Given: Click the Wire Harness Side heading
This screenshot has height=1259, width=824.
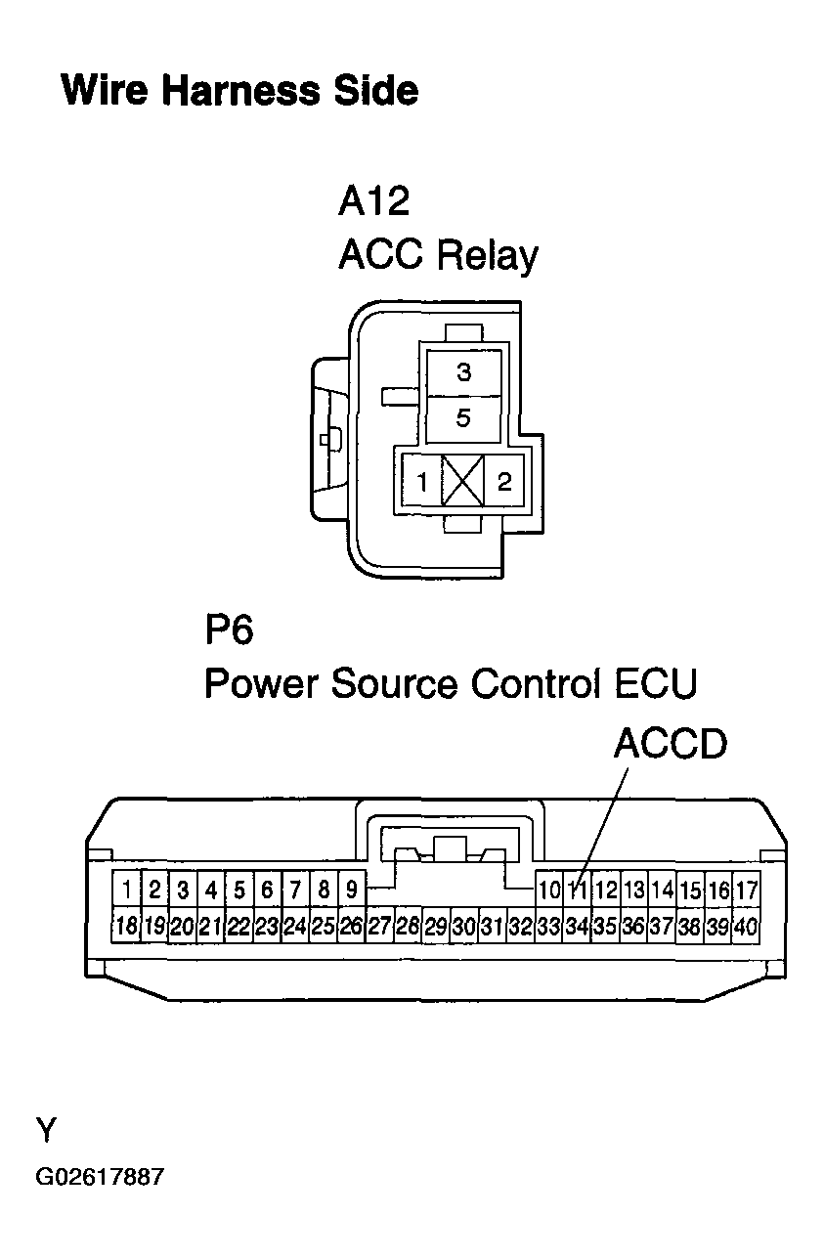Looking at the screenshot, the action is pos(239,91).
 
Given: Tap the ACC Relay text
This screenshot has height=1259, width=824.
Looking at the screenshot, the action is pos(438,256).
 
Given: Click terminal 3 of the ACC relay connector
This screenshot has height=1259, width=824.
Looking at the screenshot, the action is pos(463,372).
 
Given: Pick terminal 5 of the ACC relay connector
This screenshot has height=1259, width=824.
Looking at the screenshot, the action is pos(463,418).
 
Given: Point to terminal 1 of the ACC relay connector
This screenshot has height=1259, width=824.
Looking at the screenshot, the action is pos(421,481).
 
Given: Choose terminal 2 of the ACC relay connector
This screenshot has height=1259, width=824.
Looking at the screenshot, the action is pos(504,481).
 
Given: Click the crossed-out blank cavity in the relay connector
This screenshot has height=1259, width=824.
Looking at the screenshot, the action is pos(463,481).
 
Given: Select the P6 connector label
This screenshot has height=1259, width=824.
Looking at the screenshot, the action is pos(229,629).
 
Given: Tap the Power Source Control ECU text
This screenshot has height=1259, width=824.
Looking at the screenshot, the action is pos(451,683).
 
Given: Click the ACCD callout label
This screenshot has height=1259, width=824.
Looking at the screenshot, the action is pos(671,744).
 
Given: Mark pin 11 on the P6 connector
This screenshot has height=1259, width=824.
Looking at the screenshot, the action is pos(578,890).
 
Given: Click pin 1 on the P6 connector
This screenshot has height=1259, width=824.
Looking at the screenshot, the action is pos(126,890).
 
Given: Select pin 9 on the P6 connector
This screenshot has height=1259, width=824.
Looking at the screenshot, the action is pos(352,890).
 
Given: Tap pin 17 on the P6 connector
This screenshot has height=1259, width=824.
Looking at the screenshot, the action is pos(747,890).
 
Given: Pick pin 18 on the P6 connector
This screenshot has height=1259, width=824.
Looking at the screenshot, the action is pos(126,925).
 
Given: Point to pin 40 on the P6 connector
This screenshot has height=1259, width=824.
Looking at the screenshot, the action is pos(747,925).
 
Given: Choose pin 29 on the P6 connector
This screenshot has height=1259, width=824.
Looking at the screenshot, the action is pos(436,925).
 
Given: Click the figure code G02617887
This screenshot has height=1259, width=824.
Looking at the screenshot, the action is pos(100,1176).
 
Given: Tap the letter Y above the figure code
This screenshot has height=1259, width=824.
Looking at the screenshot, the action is pos(46,1129).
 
